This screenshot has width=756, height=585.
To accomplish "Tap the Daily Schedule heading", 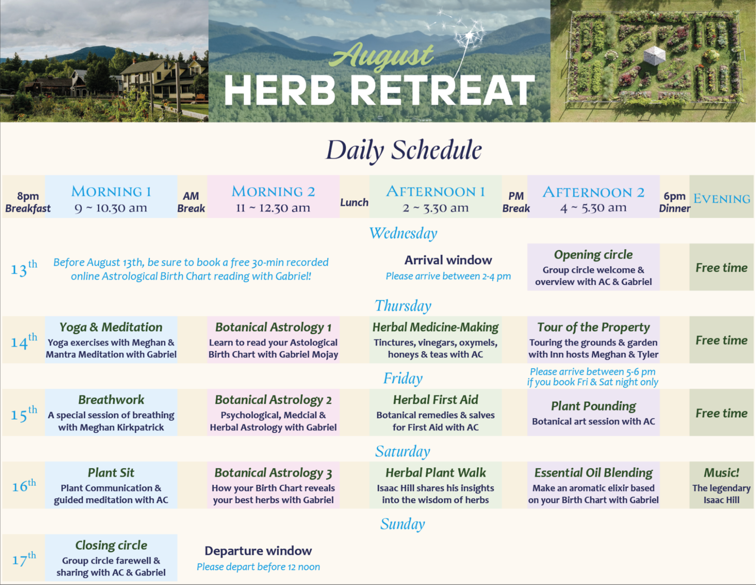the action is click(404, 150).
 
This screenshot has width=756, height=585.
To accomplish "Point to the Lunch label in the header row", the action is click(354, 202).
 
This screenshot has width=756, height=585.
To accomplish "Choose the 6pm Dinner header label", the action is click(674, 202).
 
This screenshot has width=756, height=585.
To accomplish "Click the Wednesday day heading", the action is click(403, 233).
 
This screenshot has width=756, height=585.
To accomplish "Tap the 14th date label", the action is click(24, 340).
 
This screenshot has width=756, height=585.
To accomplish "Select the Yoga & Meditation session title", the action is click(111, 327).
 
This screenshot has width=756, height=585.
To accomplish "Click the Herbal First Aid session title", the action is click(435, 400).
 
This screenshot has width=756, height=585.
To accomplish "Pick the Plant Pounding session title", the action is click(593, 406).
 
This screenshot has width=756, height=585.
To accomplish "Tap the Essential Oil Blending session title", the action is click(593, 472).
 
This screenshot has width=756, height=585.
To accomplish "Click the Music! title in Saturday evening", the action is click(721, 472).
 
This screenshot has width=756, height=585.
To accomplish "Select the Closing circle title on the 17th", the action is click(111, 545).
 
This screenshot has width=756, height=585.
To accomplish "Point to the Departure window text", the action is click(258, 551).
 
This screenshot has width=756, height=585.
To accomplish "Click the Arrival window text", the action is click(448, 260).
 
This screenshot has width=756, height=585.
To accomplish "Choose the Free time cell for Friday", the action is click(722, 413).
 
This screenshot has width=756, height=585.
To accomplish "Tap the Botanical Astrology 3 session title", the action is click(273, 473).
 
